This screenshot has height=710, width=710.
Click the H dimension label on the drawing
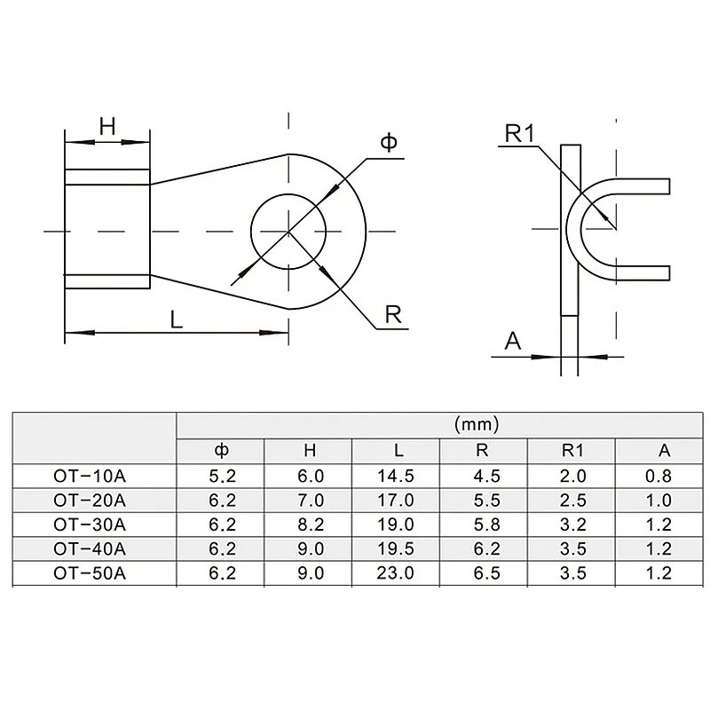[x=107, y=127]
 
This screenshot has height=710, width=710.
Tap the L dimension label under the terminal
[x=177, y=320]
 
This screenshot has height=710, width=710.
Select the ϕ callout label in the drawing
[x=388, y=142]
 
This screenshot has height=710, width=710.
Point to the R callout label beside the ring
[x=391, y=313]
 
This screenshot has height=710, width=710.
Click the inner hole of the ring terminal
[x=288, y=232]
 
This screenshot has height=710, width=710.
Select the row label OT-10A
[x=90, y=475]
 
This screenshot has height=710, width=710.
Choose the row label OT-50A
[x=90, y=573]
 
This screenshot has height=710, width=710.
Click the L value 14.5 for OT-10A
[x=396, y=475]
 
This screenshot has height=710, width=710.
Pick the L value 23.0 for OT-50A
[x=396, y=573]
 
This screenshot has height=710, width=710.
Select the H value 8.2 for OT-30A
[x=309, y=524]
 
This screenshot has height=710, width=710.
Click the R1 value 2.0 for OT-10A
[x=572, y=475]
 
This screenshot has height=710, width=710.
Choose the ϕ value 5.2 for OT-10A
[x=222, y=475]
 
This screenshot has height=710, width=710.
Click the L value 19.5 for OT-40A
[x=396, y=548]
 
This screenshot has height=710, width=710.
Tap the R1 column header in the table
[x=572, y=450]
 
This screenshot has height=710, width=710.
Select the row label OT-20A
[x=90, y=500]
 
